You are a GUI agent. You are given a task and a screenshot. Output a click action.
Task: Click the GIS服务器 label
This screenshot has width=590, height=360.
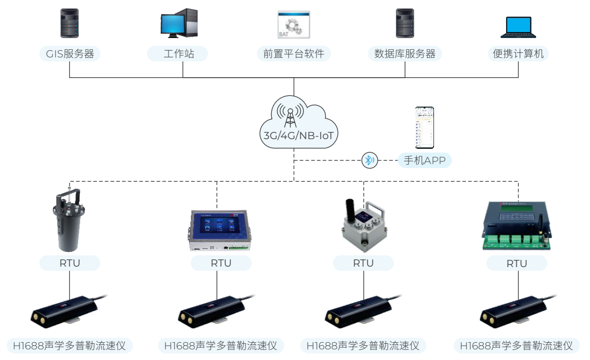tap(70, 54)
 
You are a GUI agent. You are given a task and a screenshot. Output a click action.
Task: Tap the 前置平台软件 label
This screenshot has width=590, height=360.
tap(293, 54)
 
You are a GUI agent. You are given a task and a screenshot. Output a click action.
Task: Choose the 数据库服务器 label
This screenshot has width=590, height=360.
tap(405, 54)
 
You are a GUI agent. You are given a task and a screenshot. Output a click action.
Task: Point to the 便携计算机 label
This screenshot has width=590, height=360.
tap(518, 54)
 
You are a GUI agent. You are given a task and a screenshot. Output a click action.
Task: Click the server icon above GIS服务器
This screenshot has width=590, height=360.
tap(70, 23)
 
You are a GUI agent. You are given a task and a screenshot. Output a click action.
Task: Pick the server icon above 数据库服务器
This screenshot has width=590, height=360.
tap(405, 23)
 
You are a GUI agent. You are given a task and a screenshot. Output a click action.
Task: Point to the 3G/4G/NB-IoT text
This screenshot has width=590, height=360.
tap(293, 136)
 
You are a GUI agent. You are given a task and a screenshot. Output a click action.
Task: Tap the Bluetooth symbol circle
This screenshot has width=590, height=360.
tap(369, 160)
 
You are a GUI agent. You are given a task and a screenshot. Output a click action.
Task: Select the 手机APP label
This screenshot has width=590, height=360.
tap(424, 160)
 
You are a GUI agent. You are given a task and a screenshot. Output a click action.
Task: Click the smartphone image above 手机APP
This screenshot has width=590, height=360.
tap(424, 127)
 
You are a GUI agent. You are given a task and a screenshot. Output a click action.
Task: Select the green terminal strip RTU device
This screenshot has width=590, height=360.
tap(516, 227)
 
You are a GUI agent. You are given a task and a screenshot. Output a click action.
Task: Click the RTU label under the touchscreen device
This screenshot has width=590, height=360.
tap(221, 263)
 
